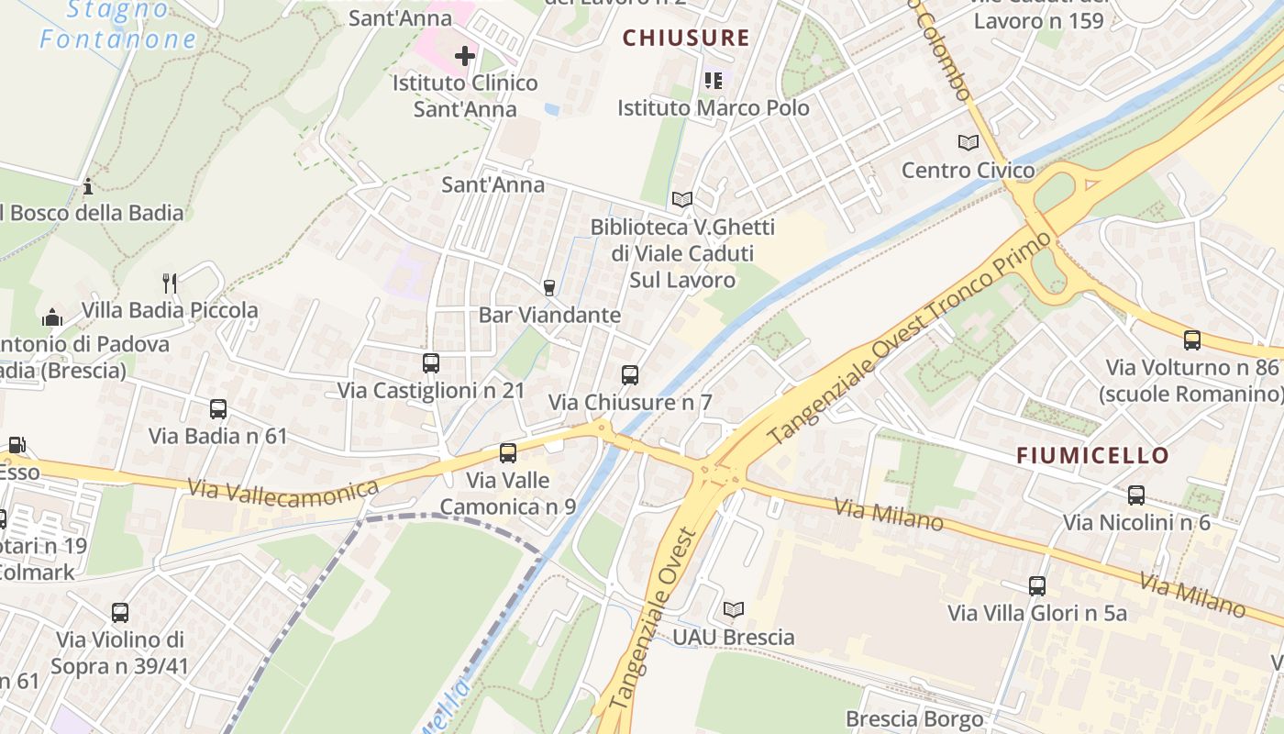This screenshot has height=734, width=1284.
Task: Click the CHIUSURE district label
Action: tap(686, 38)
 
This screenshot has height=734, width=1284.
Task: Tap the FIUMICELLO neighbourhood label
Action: tap(1092, 455)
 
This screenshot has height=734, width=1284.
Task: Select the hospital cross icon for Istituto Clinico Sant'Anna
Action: tap(465, 56)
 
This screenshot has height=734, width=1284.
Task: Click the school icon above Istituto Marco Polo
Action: tap(714, 81)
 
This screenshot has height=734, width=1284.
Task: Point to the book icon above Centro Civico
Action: tap(968, 142)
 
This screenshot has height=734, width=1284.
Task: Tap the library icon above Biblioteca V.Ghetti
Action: tap(681, 199)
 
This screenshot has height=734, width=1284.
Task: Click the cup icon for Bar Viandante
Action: tap(549, 288)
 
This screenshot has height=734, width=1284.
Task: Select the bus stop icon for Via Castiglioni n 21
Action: tap(431, 363)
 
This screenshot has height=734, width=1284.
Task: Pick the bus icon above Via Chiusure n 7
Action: tap(629, 374)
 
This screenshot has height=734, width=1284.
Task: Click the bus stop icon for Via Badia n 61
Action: tap(218, 409)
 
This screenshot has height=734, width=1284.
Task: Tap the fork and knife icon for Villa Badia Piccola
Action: tap(169, 283)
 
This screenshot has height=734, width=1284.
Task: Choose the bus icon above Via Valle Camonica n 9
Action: tap(507, 452)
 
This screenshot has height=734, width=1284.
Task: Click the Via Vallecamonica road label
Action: tap(282, 489)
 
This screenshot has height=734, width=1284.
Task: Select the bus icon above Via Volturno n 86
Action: tap(1192, 340)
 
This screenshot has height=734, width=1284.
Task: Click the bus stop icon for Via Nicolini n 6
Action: tap(1136, 495)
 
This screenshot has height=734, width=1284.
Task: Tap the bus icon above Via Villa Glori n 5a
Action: tap(1037, 585)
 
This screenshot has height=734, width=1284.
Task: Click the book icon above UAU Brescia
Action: tap(734, 609)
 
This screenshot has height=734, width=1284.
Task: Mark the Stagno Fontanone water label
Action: tap(117, 26)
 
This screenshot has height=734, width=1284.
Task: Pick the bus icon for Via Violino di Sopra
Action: tap(120, 613)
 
